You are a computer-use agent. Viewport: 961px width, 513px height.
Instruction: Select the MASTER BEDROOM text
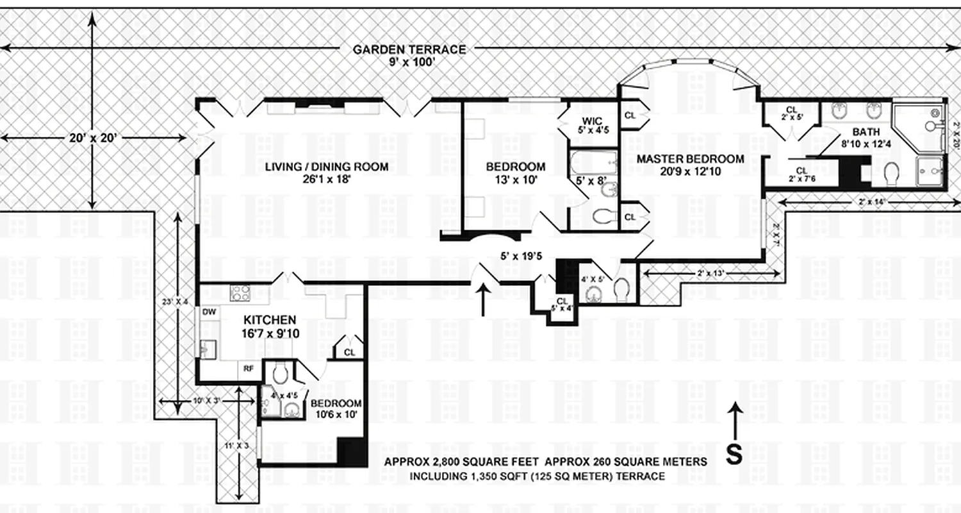point(690,165)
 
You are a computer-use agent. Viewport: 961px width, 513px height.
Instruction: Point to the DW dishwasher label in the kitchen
point(209,312)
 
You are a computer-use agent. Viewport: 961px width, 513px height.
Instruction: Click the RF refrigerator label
point(247,369)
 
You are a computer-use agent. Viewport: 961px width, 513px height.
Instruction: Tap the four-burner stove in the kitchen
point(240,293)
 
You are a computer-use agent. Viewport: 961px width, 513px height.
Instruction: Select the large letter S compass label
point(734,455)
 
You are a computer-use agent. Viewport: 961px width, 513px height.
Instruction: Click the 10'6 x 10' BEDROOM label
point(336,408)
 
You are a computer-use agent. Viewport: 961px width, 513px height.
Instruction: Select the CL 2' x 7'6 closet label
point(802,174)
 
